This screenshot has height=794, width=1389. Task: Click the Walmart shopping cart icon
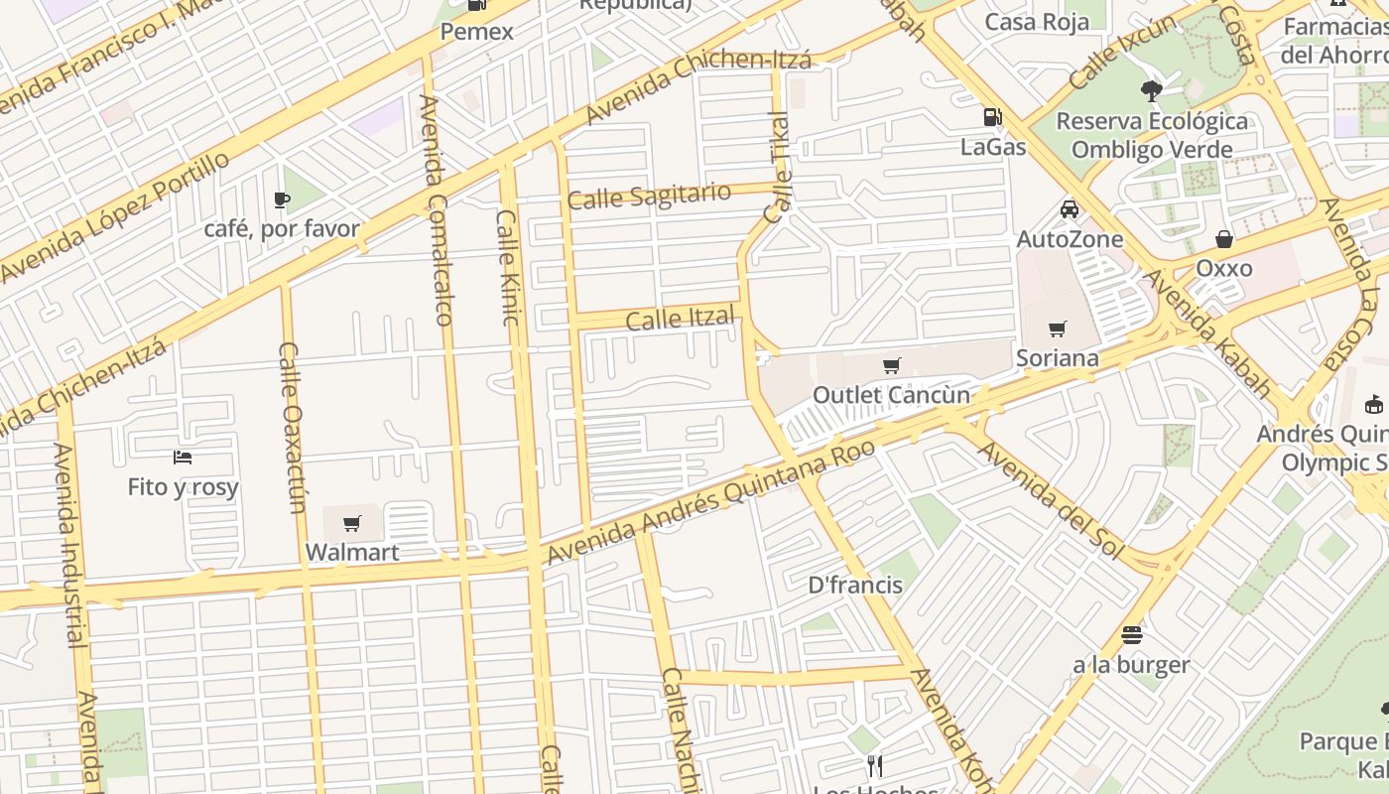(x=352, y=523)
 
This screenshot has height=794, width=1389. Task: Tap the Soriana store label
(x=1057, y=357)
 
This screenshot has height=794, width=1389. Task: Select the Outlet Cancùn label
(x=891, y=394)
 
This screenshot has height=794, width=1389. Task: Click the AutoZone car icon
(x=1070, y=209)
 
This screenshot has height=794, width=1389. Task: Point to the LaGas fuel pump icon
(x=992, y=117)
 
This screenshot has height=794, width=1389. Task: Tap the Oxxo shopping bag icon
(x=1224, y=239)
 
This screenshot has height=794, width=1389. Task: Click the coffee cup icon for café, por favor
(x=282, y=199)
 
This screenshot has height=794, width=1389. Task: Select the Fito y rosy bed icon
(x=183, y=458)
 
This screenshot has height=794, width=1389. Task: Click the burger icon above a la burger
(x=1131, y=634)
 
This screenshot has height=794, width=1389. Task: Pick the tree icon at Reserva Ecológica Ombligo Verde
(x=1151, y=91)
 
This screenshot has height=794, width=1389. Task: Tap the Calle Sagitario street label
(x=649, y=196)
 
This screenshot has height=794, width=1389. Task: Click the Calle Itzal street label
(x=681, y=320)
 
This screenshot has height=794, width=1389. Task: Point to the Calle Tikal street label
(x=779, y=169)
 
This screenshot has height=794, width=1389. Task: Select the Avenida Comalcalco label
(x=437, y=210)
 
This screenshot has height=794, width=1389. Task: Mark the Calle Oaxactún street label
(x=292, y=428)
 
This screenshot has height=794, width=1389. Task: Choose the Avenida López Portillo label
(x=116, y=216)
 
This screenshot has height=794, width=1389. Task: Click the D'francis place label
(x=855, y=585)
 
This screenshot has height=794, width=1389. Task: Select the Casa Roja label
(x=1037, y=22)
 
